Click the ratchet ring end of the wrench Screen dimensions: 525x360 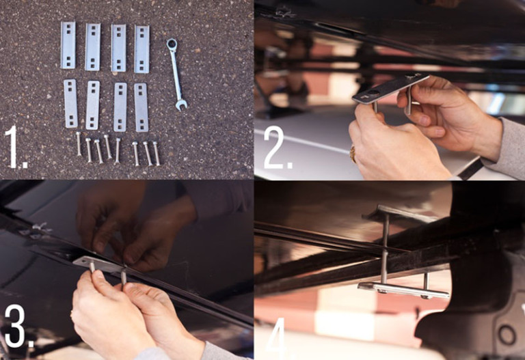(x=172, y=44)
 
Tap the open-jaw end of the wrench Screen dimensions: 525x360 (x=181, y=105)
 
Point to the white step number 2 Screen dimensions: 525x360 (x=278, y=148)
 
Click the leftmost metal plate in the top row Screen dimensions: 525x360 (x=68, y=45)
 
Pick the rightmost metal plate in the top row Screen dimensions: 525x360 (x=142, y=49)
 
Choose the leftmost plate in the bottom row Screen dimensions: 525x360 (x=70, y=103)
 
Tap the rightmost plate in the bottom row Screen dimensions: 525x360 (x=142, y=107)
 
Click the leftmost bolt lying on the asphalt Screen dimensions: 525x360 (x=79, y=143)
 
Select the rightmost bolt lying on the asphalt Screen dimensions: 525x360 (x=157, y=153)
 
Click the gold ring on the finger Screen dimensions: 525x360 (x=353, y=154)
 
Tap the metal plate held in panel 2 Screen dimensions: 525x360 (x=391, y=88)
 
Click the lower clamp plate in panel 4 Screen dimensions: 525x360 (x=403, y=290)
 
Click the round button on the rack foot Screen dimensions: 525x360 (x=507, y=335)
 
